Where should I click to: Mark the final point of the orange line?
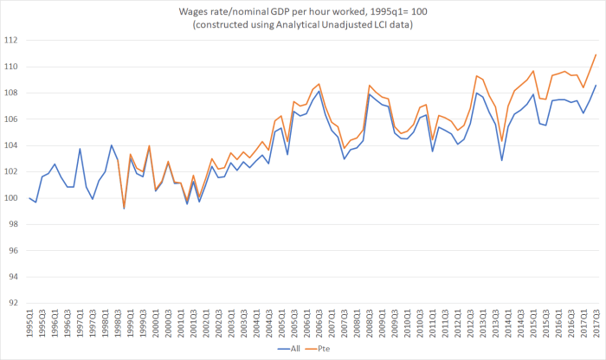596,55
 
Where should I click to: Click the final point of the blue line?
596,85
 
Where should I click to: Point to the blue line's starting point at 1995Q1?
29,198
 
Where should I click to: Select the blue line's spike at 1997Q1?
80,149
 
